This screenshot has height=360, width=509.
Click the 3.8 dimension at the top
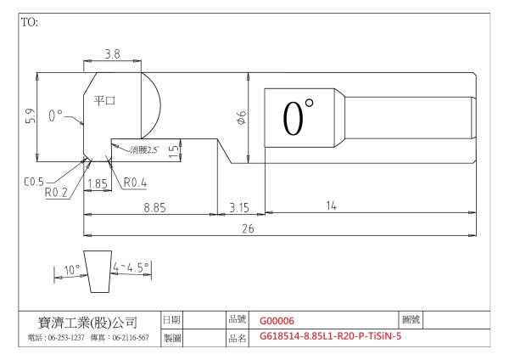112,54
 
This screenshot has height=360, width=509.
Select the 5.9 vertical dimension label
31,115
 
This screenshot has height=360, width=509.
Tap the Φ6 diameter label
242,118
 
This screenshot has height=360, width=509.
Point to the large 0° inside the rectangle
298,118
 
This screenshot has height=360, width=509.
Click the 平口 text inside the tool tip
104,100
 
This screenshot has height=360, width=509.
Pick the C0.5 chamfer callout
34,182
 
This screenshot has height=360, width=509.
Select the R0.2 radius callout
56,193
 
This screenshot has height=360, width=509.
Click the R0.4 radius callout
135,183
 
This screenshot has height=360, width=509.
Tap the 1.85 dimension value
98,184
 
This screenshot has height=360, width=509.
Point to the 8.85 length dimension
155,208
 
